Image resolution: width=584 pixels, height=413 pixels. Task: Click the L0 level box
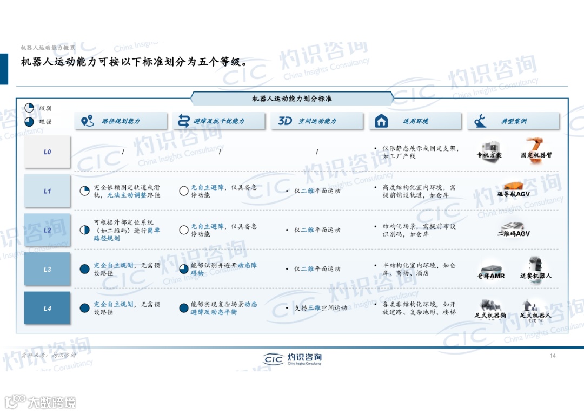pos(47,152)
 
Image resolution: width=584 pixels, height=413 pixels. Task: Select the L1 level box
pos(47,191)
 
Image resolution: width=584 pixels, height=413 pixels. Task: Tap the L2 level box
pos(47,230)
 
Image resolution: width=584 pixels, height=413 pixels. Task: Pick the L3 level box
pos(47,269)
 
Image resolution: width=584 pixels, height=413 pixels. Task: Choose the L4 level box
pos(47,308)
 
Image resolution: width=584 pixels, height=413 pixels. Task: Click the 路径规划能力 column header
pos(121,121)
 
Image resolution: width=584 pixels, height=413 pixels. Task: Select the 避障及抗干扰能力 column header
pos(218,121)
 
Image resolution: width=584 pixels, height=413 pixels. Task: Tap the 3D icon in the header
pos(285,121)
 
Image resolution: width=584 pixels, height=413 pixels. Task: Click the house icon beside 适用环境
pos(382,121)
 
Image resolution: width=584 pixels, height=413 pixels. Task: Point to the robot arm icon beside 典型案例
pos(480,121)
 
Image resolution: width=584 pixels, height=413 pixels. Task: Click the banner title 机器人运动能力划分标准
pos(292,99)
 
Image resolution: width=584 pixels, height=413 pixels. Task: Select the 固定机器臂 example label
pos(536,155)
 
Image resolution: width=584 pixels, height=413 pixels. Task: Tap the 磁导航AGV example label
pos(513,194)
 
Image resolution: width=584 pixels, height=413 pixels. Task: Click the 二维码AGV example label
pos(513,234)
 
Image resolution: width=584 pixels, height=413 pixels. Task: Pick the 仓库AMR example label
pos(491,276)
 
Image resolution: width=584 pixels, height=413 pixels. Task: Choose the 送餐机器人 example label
pos(536,276)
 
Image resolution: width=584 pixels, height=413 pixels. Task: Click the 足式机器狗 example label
pos(490,315)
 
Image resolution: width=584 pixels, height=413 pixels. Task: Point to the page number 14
pos(553,356)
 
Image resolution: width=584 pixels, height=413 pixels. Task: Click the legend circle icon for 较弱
pos(29,108)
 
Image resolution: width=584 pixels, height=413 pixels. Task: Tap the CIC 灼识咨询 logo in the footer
pos(293,358)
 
